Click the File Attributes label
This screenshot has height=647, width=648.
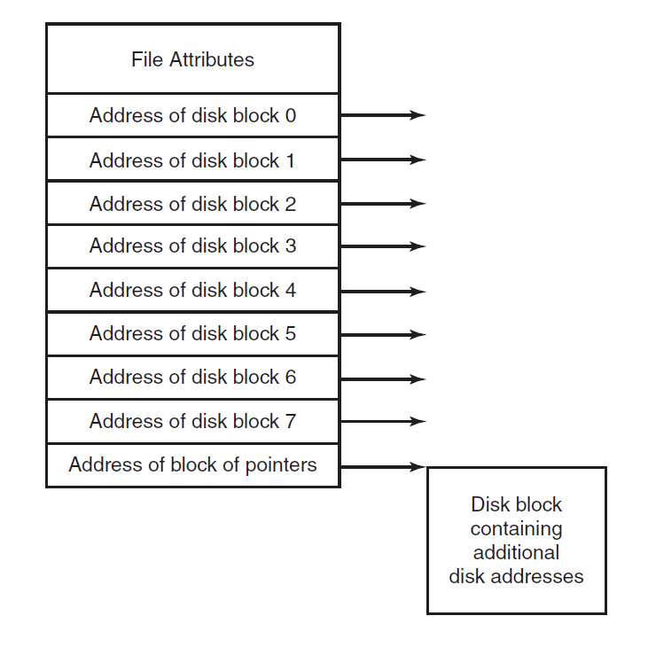(192, 60)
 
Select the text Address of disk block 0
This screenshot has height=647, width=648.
(192, 115)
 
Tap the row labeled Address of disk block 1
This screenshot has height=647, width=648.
(192, 160)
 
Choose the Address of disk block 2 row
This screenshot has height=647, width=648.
(192, 204)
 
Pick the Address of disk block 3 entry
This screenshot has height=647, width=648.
(192, 246)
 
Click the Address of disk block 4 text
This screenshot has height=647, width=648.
(192, 291)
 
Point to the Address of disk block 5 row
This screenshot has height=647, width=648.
(192, 334)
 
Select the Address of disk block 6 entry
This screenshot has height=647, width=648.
(192, 378)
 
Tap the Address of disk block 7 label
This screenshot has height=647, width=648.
(192, 421)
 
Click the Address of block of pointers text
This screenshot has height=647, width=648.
(192, 464)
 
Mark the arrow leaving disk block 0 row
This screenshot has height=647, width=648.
(383, 115)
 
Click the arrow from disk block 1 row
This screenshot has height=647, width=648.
(383, 160)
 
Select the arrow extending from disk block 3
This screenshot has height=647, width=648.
(383, 247)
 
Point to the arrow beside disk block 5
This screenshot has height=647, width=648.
(383, 335)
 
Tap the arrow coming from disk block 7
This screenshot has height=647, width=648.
(383, 422)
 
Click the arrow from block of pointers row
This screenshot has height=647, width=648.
(383, 466)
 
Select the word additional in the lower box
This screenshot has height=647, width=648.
(516, 552)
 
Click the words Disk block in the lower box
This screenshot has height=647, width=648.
(516, 504)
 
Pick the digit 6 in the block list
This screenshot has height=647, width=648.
(290, 378)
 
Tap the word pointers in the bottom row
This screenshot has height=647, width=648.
(281, 464)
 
